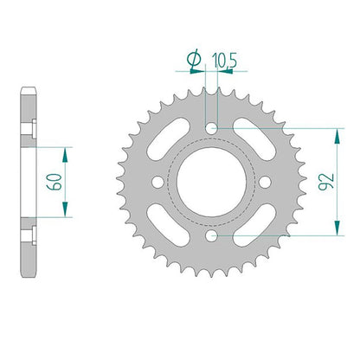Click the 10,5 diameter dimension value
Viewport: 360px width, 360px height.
pos(224,61)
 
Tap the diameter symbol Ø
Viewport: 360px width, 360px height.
pos(194,59)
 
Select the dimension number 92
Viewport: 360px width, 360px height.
pos(326,182)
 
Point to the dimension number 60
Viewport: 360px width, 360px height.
pos(55,182)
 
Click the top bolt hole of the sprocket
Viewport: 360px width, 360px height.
pos(211,128)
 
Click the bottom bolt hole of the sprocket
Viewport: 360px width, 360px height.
pos(211,236)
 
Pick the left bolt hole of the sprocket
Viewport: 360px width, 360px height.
pos(157,182)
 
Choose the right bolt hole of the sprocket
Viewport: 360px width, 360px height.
pos(265,182)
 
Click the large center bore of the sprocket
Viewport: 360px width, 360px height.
pos(211,182)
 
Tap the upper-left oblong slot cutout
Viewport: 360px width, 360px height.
pos(169,138)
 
